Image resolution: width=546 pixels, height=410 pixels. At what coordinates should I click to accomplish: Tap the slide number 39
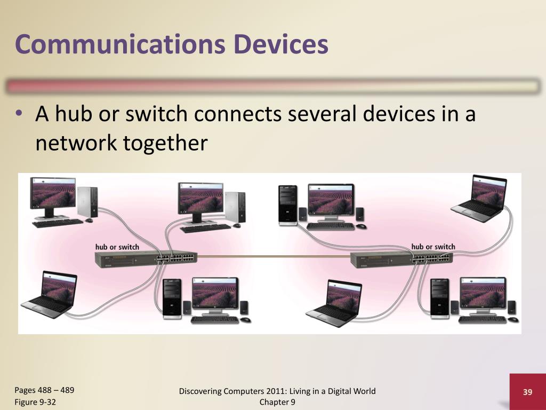click(527, 392)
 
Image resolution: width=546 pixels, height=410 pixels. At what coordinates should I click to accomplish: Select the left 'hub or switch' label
click(117, 247)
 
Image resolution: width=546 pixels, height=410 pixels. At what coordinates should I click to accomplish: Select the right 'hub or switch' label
click(433, 246)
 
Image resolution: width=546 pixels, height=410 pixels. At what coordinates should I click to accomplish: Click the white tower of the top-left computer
click(87, 202)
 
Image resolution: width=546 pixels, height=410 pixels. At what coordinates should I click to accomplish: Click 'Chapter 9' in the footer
click(277, 402)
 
